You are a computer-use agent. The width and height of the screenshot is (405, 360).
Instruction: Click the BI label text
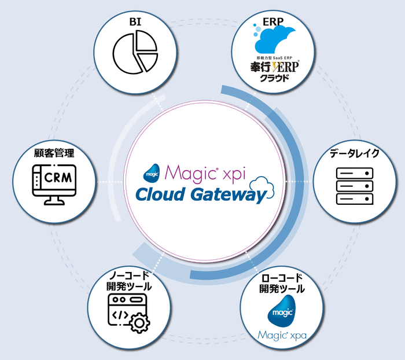click(x=135, y=22)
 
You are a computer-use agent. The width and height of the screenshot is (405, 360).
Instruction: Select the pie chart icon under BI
click(x=135, y=52)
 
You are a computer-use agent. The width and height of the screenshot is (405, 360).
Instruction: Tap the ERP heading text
click(x=273, y=22)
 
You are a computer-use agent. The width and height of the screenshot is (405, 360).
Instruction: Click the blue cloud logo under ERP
click(x=274, y=39)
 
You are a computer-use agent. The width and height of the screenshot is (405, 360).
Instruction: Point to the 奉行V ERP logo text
click(x=275, y=67)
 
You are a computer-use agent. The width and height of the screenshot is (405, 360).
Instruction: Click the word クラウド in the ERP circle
click(x=274, y=78)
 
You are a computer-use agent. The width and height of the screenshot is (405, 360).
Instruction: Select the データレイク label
click(x=354, y=153)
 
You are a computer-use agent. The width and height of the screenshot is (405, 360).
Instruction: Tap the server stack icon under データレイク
click(x=355, y=186)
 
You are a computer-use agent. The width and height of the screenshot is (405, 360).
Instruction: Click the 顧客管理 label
click(x=54, y=153)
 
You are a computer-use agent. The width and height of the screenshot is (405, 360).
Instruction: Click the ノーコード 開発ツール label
click(x=129, y=281)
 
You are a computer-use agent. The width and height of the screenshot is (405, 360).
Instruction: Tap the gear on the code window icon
click(x=139, y=323)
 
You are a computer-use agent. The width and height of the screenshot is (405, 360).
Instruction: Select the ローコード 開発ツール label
click(x=282, y=283)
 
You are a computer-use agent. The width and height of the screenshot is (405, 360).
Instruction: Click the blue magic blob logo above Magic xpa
click(x=282, y=311)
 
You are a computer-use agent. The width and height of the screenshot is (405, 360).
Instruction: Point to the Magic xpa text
click(x=282, y=336)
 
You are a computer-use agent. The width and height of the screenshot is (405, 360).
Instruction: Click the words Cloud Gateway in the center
click(x=200, y=195)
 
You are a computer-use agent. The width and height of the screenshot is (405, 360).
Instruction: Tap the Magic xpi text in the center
click(x=205, y=173)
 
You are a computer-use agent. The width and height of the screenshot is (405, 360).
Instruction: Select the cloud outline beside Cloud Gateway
click(x=262, y=187)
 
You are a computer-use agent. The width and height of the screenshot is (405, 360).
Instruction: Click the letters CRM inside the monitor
click(x=58, y=178)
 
